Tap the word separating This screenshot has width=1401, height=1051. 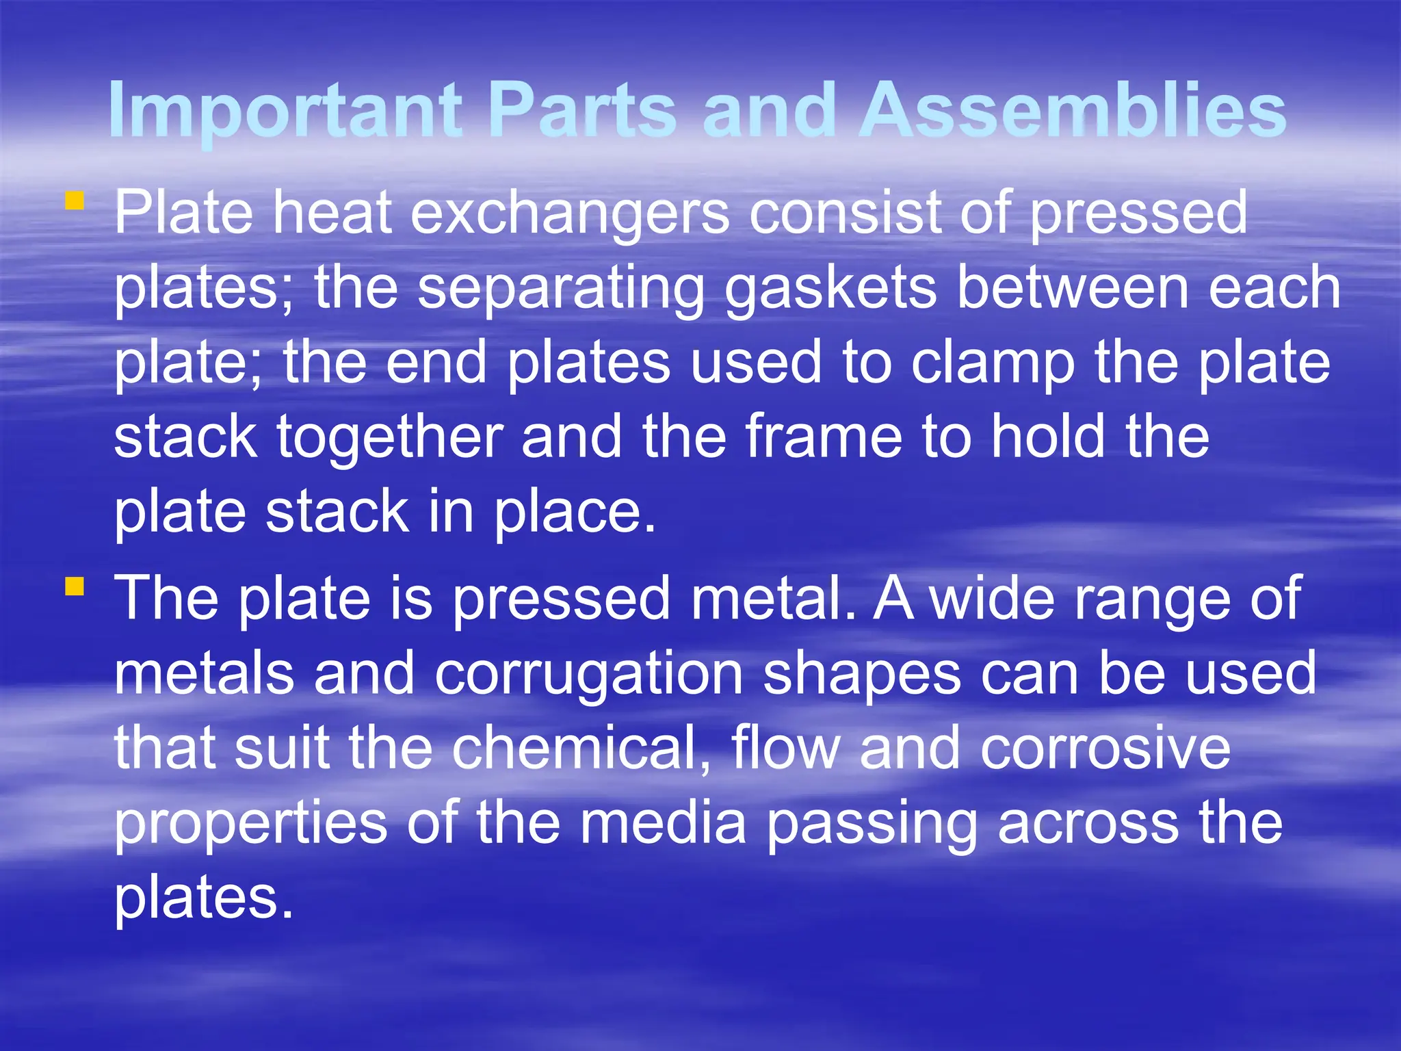tap(561, 289)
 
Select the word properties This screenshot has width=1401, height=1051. tap(250, 824)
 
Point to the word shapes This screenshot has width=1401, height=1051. tap(862, 675)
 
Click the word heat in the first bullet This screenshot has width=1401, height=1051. tap(332, 213)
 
